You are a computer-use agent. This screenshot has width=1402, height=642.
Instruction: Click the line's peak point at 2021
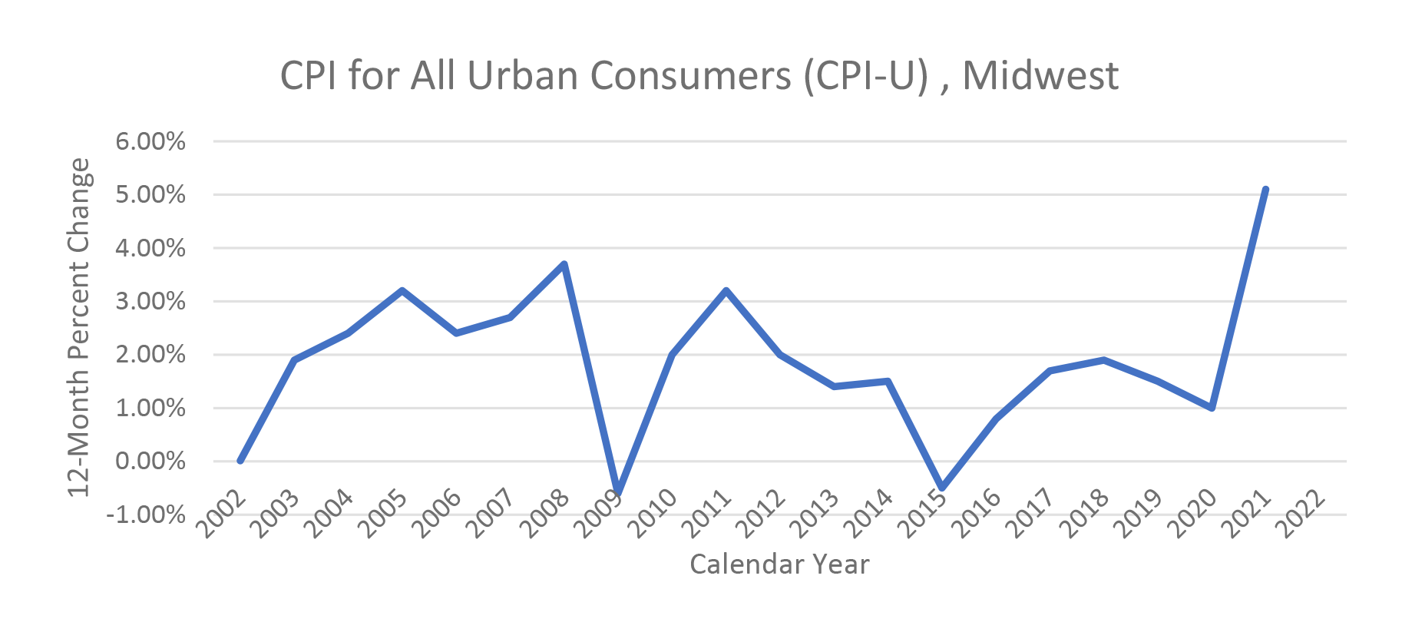pos(1265,190)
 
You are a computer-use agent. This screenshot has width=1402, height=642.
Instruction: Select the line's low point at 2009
pos(618,492)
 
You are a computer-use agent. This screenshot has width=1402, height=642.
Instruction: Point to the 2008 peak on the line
pos(564,264)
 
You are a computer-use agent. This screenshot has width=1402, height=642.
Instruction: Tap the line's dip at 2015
pos(941,488)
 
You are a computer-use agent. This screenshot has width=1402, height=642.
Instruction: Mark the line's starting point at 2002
pos(240,461)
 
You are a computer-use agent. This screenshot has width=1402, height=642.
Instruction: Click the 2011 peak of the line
pos(726,291)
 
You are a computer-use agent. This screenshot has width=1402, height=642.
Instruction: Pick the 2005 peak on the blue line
pos(402,291)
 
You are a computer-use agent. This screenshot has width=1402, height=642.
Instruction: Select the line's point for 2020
pos(1212,408)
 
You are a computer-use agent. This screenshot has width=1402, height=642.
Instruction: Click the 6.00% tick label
pos(150,141)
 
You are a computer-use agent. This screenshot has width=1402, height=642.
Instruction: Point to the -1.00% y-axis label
pos(146,515)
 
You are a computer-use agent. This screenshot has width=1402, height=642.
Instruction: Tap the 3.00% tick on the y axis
pos(150,301)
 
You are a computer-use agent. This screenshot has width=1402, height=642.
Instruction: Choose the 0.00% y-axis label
pos(150,462)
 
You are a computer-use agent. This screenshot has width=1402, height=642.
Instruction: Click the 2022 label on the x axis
pos(1301,514)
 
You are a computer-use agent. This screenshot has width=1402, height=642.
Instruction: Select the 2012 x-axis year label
pos(762,514)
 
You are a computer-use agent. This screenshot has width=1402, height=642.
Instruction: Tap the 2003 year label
pos(276,514)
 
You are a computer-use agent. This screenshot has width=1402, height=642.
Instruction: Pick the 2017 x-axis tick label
pos(1031,514)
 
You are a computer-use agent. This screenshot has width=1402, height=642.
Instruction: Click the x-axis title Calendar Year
pos(779,564)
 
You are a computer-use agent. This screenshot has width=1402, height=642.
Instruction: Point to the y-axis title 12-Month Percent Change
pos(79,327)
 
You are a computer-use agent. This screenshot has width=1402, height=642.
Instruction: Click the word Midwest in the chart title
pos(1040,75)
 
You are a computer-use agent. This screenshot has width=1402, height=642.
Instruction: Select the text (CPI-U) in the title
pos(867,75)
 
